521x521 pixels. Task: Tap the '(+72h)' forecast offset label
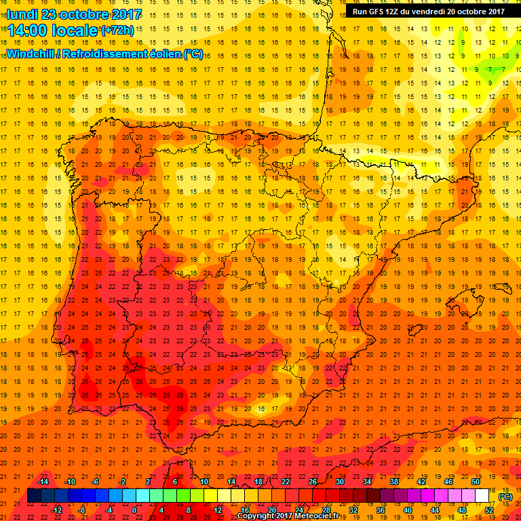tap(118, 31)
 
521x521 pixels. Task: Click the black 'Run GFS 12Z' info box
tap(428, 11)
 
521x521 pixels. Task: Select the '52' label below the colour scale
tap(489, 510)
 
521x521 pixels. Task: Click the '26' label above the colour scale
tap(313, 482)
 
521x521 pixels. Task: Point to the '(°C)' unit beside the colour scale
tap(505, 497)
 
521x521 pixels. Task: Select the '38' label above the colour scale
tap(394, 482)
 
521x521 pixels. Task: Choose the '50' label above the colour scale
tap(476, 482)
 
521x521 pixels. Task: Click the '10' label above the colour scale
tap(204, 482)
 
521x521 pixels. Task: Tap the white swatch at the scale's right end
tap(482, 496)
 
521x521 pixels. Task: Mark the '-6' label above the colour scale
tap(96, 482)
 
